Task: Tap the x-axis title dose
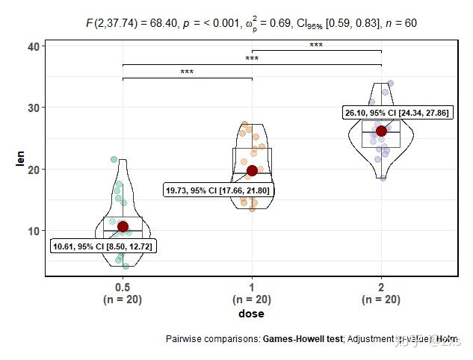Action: tap(251, 314)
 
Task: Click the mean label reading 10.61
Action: tap(104, 246)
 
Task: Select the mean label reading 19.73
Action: tap(218, 190)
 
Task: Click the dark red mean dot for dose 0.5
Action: tap(123, 226)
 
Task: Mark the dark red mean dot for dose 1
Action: tap(252, 170)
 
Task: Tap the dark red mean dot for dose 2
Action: tap(381, 131)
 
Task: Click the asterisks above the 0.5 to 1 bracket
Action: tap(187, 73)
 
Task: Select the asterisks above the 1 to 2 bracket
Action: tap(316, 46)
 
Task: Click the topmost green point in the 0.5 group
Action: tap(114, 159)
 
